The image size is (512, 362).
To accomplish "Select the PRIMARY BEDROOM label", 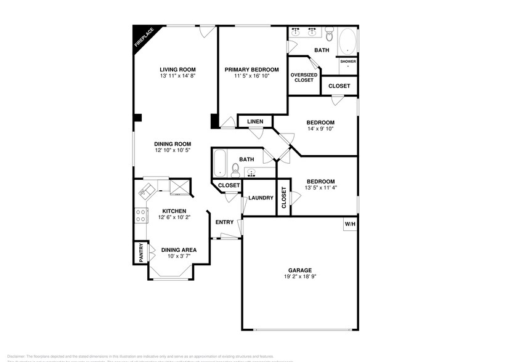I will point(251,69).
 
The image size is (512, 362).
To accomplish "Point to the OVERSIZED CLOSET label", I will point(304,77).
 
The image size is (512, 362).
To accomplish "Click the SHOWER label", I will point(348,62).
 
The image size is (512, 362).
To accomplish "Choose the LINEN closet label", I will point(254,122).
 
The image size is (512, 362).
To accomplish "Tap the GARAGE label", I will point(300,270).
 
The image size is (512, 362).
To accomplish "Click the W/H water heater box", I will point(350,223).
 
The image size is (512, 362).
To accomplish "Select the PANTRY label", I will point(140,253).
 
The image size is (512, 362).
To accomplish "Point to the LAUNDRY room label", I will point(261,198).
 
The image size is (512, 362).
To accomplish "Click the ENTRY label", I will point(223,222).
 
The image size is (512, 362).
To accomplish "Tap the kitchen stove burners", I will point(140,215).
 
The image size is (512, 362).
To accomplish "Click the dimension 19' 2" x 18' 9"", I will point(300,277).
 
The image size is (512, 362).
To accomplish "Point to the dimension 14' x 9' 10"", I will point(320,129).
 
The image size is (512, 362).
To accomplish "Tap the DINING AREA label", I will point(179,249).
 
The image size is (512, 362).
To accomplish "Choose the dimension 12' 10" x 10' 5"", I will point(173,150).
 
